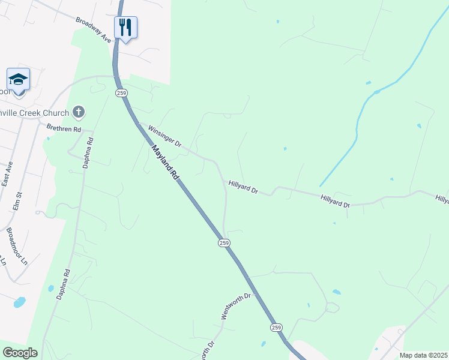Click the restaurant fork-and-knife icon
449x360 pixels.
point(125,27)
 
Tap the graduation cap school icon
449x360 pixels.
point(18,79)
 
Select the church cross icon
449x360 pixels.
point(78,112)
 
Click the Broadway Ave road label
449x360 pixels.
point(94,29)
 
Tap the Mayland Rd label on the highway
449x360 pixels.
point(166,162)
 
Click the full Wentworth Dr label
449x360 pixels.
point(239,306)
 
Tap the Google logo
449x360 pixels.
point(19,353)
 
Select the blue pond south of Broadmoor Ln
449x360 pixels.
point(19,302)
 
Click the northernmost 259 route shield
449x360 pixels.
point(122,93)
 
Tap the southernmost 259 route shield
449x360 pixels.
point(276,328)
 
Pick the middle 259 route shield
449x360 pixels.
point(223,242)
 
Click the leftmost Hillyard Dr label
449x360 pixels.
point(243,188)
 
